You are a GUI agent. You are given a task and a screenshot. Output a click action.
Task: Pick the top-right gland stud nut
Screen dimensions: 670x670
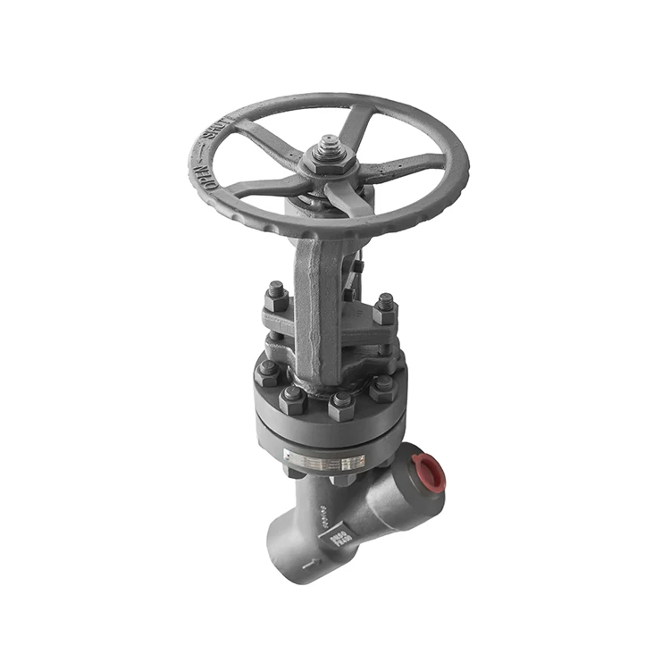pyautogui.click(x=385, y=307)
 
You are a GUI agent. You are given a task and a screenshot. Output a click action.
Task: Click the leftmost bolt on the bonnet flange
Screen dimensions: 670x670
pyautogui.click(x=267, y=372)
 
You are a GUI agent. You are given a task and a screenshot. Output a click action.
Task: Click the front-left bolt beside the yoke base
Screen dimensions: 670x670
pyautogui.click(x=293, y=398)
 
